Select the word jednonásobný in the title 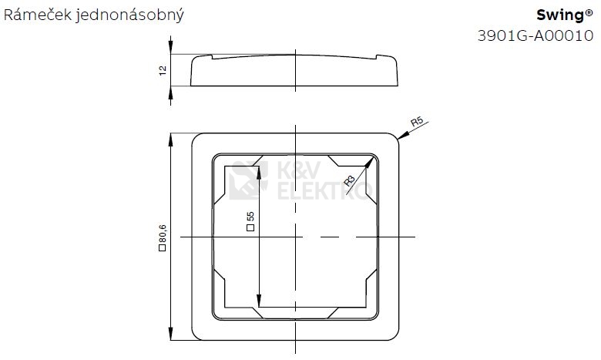130,16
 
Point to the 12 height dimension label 162,71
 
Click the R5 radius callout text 417,123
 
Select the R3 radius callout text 350,181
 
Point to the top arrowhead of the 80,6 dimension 171,139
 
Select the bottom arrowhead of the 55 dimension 260,301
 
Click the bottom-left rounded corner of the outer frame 194,336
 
